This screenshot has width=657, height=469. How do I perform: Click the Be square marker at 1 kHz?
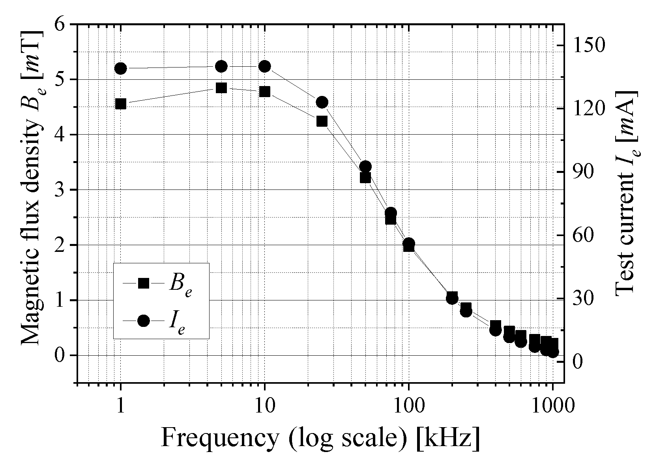pyautogui.click(x=121, y=104)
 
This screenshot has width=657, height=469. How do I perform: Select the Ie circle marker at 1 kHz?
pyautogui.click(x=121, y=68)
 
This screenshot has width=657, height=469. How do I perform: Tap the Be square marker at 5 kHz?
pyautogui.click(x=221, y=88)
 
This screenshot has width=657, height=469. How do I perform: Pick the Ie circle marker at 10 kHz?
pyautogui.click(x=265, y=66)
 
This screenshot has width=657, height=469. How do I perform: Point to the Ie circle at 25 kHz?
pyautogui.click(x=322, y=102)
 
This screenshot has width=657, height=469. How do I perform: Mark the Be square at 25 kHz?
pyautogui.click(x=322, y=121)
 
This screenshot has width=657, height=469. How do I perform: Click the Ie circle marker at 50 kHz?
pyautogui.click(x=365, y=167)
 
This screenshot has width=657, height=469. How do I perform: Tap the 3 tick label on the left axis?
pyautogui.click(x=59, y=190)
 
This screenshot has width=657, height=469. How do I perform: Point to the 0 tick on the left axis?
pyautogui.click(x=59, y=355)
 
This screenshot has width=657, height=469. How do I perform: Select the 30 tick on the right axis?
pyautogui.click(x=583, y=298)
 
